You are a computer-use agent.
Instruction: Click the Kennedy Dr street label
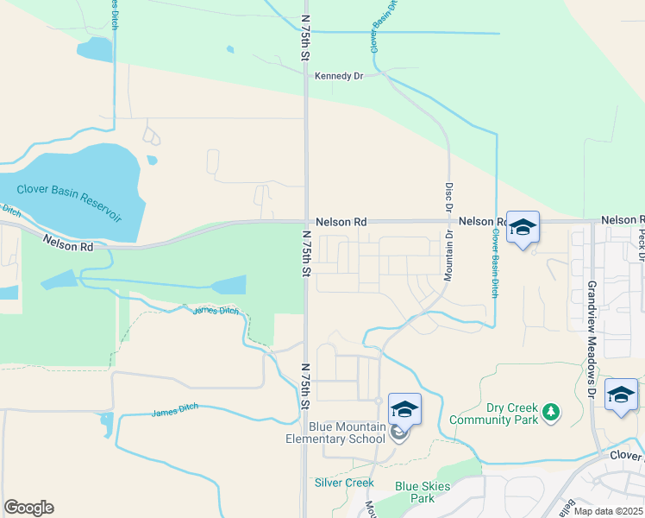point(339,76)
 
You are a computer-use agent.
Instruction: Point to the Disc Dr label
point(448,197)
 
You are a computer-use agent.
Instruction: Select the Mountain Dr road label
point(448,257)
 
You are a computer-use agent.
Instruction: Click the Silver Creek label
point(344,483)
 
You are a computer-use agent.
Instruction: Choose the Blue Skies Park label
point(423,492)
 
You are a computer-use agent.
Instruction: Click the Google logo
point(28,508)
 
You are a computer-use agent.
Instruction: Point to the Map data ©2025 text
point(608,511)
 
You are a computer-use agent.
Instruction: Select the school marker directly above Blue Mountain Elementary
point(404,409)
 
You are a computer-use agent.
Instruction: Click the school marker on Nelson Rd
point(523,227)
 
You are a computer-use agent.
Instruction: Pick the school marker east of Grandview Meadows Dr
point(621,395)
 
